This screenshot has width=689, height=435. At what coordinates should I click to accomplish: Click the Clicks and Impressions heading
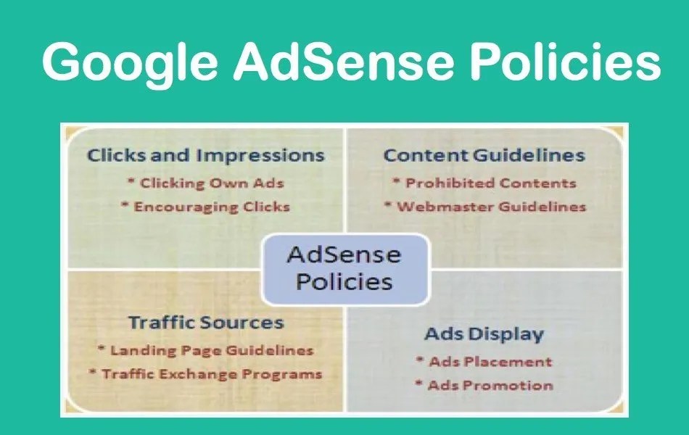click(206, 155)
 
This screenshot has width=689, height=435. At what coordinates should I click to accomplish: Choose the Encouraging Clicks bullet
click(205, 207)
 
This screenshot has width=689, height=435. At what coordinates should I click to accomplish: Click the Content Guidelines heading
click(484, 155)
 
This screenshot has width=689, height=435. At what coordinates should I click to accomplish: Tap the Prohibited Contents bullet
click(484, 183)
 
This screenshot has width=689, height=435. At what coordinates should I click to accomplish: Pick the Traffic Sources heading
click(206, 322)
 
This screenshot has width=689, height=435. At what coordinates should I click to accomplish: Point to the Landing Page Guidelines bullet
click(206, 350)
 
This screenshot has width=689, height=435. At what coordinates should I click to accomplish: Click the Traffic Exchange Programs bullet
click(206, 374)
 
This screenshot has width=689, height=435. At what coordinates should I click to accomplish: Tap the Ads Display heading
click(484, 334)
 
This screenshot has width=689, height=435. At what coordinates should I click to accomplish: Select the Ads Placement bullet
click(484, 361)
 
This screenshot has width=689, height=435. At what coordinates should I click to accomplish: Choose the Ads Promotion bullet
click(484, 385)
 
